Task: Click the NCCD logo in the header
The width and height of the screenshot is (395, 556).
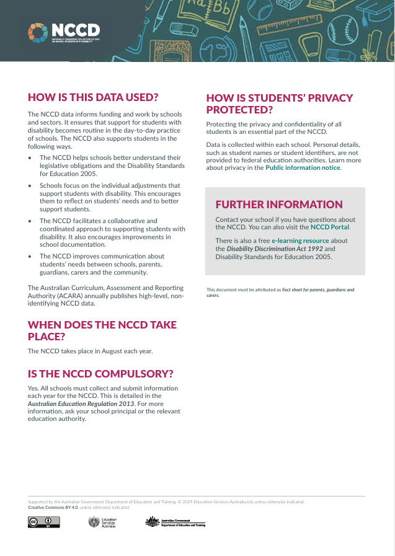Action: [x=64, y=32]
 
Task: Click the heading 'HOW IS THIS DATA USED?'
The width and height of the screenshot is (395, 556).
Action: [x=93, y=97]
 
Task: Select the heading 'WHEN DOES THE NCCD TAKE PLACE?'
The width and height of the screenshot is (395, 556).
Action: [x=102, y=330]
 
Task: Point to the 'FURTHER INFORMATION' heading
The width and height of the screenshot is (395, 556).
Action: [x=279, y=205]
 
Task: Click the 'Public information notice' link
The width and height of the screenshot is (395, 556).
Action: [x=303, y=168]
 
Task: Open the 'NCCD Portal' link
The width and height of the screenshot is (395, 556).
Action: [x=330, y=227]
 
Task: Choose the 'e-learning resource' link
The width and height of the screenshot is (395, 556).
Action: [x=300, y=240]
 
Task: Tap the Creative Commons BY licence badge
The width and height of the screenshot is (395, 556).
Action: [x=43, y=522]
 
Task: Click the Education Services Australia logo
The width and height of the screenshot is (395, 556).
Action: [x=102, y=522]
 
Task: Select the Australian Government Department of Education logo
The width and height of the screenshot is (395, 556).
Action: [x=175, y=522]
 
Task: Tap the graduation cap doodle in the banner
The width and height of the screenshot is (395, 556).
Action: [x=381, y=14]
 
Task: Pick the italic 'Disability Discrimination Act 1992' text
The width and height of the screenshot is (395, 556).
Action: [x=266, y=249]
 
